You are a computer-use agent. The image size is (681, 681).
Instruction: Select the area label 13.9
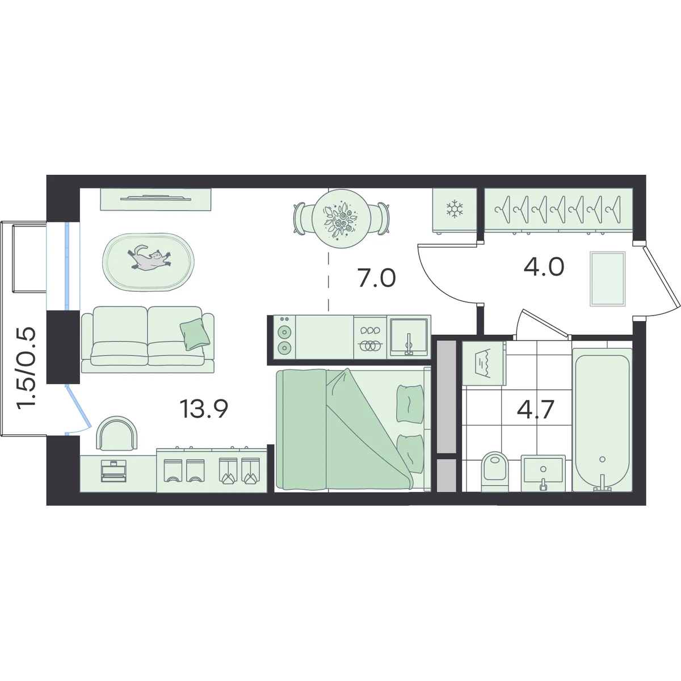click(x=204, y=408)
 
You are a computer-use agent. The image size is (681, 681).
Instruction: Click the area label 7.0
click(x=376, y=278)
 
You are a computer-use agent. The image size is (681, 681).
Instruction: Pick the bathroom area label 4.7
click(x=535, y=409)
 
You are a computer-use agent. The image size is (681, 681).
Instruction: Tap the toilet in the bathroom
click(x=495, y=472)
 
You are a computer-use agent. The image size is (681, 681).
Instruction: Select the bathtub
click(x=602, y=419)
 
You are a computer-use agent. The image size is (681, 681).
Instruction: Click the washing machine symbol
click(x=484, y=363)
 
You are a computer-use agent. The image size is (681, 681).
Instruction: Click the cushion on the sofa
click(x=195, y=334)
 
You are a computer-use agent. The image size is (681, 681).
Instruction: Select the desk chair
click(x=117, y=433)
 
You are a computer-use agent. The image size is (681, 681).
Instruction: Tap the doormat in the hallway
click(x=607, y=279)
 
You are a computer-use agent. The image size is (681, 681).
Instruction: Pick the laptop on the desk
click(x=114, y=471)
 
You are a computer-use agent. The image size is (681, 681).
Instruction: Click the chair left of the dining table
click(x=301, y=218)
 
